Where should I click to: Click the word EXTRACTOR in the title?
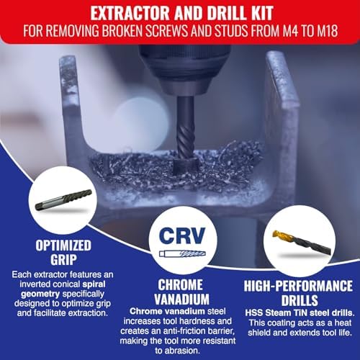131,13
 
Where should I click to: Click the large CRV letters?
182,235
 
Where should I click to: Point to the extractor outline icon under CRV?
182,253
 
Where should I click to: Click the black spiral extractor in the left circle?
63,199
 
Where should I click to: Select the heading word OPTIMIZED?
63,246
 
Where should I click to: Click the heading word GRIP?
63,259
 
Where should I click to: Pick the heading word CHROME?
180,285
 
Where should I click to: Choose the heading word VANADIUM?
181,299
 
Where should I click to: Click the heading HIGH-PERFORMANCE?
298,286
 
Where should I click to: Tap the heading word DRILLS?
300,300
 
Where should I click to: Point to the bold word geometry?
40,294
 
